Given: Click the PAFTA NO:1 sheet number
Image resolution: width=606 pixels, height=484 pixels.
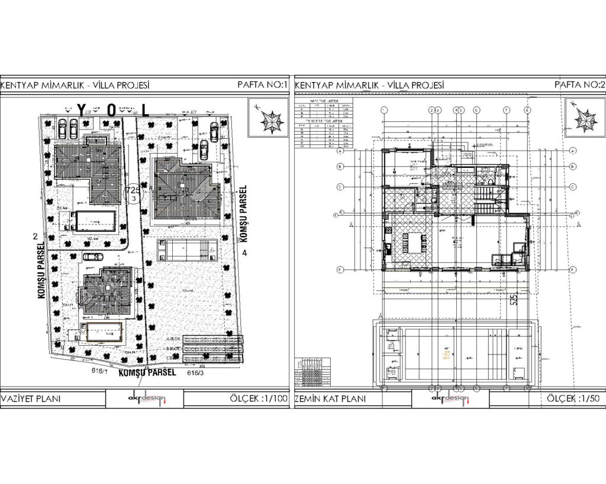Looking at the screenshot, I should coord(262,85).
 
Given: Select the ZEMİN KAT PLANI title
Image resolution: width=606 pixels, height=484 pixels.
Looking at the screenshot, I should coord(330,399).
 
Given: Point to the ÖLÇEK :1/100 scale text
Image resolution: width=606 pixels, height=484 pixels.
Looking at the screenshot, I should coord(258,399).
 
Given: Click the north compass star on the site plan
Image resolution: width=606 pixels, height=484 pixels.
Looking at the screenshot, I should coord(273,120).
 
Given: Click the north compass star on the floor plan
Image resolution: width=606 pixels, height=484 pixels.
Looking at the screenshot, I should coord(584,120).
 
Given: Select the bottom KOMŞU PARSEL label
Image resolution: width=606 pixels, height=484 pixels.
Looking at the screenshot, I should coord(147,373).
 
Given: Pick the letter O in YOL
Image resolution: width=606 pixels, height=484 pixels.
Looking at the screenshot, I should coord(112,110).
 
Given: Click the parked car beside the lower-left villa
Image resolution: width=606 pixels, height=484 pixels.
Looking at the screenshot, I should coord(91,257).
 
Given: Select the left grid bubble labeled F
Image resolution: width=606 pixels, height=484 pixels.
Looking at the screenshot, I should coord(341,269).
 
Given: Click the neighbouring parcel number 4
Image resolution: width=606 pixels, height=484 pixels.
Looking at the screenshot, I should coord(244,252).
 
